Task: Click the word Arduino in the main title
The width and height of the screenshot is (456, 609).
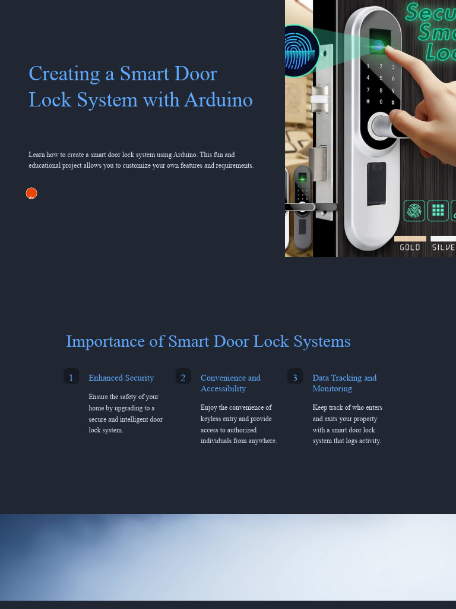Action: (218, 99)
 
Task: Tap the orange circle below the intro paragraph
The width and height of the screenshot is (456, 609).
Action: (31, 193)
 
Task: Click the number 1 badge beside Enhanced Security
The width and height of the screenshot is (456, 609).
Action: (71, 376)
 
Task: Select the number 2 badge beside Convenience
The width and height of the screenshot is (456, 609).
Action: (183, 376)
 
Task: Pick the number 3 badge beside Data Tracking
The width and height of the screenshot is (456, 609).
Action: (295, 376)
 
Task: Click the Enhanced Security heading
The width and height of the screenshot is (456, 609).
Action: (121, 378)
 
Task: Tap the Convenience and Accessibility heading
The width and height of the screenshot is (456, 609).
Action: (230, 383)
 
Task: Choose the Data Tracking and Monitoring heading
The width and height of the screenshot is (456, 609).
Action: (344, 383)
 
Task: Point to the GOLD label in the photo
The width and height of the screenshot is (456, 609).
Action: (410, 247)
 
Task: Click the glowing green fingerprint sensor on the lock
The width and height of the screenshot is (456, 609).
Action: (378, 45)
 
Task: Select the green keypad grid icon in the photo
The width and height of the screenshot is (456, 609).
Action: (438, 211)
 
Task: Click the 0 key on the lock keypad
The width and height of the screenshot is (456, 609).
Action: (381, 102)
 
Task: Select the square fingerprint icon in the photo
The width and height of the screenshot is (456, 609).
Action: (414, 211)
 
